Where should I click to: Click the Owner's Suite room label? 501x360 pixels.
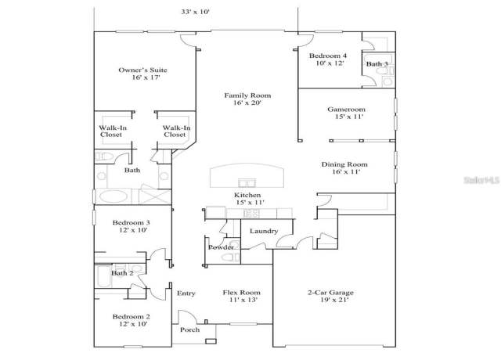(142, 70)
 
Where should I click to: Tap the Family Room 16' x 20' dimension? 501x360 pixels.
(247, 103)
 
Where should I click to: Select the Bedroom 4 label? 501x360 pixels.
(328, 56)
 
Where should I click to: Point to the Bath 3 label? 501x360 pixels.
(377, 64)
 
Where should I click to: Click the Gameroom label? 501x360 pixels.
(346, 110)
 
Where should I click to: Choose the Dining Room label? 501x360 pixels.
(344, 164)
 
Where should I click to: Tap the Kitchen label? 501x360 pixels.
(247, 195)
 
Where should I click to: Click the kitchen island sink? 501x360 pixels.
(247, 183)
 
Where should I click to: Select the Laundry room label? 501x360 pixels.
(264, 231)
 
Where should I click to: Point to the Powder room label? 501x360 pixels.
(221, 247)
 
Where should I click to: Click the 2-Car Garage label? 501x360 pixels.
(330, 292)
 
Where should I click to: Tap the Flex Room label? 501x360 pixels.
(242, 292)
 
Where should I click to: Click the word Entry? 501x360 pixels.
(186, 293)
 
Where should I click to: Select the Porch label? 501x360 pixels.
(189, 329)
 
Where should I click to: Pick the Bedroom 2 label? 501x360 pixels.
(131, 316)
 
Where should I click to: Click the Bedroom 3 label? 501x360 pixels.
(131, 222)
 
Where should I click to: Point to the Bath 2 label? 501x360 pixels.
(122, 273)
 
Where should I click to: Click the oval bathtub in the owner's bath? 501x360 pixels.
(113, 196)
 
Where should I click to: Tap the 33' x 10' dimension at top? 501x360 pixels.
(196, 12)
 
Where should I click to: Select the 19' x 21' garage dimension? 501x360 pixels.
(334, 300)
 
